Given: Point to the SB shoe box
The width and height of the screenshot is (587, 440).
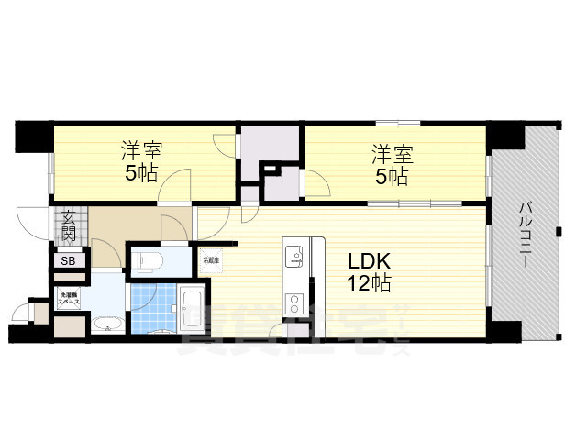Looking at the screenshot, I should tap(69, 261).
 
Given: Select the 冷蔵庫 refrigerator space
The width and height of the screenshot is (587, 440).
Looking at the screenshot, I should tap(211, 260).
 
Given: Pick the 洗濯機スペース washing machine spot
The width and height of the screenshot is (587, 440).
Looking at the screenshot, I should tap(69, 298).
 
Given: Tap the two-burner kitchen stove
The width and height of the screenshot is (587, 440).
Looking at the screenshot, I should tap(294, 302).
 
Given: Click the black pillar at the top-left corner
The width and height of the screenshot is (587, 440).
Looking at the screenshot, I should tap(32, 137).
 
